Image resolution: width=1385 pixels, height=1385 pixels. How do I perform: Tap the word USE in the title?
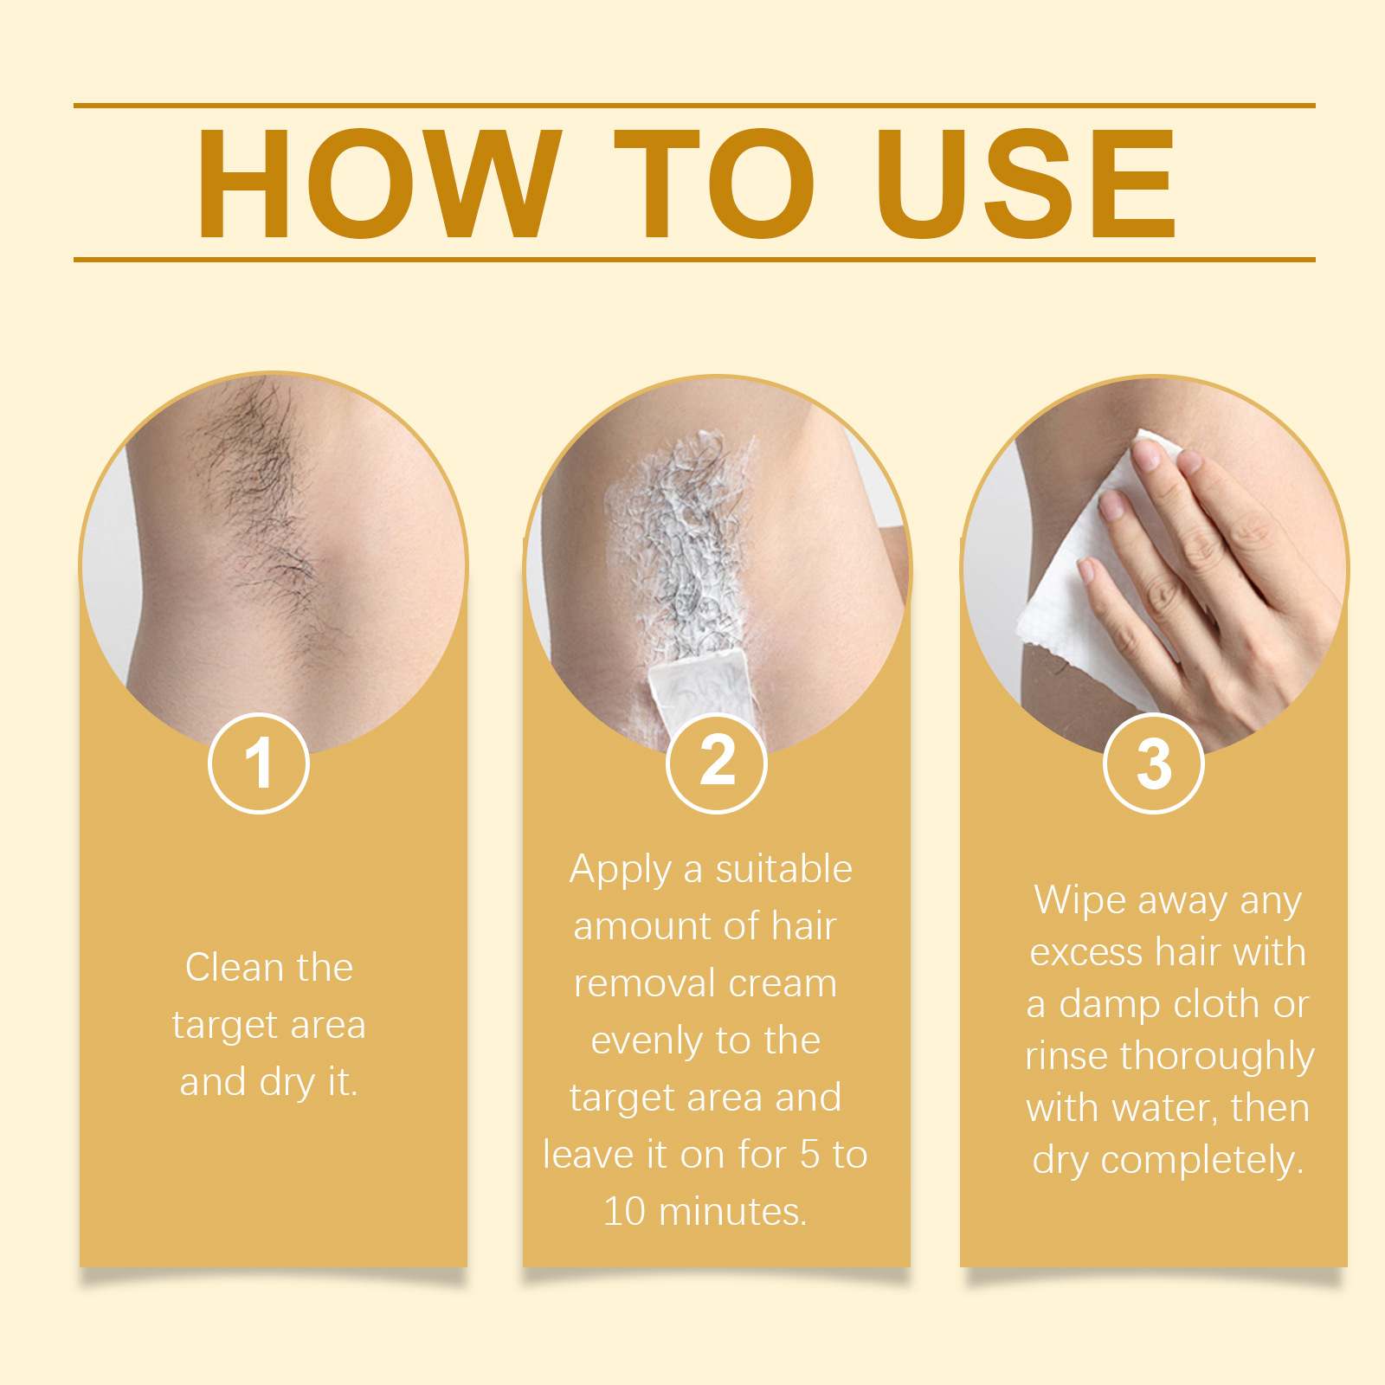pyautogui.click(x=1026, y=184)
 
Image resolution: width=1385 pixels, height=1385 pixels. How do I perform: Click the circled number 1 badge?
pyautogui.click(x=259, y=763)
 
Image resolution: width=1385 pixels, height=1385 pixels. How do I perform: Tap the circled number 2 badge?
pyautogui.click(x=717, y=763)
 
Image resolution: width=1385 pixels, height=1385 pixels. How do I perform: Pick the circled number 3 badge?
pyautogui.click(x=1154, y=763)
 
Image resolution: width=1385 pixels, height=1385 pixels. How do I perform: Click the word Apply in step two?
pyautogui.click(x=620, y=871)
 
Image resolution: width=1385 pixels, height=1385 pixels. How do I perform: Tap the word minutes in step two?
pyautogui.click(x=732, y=1212)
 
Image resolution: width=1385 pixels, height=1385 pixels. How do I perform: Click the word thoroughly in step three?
pyautogui.click(x=1217, y=1058)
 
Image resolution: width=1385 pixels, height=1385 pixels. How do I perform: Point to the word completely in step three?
pyautogui.click(x=1202, y=1162)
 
